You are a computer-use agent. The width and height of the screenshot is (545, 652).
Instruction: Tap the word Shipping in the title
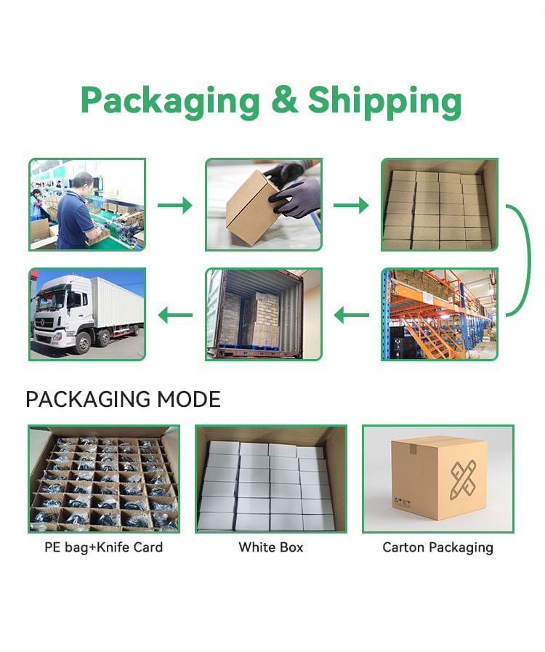point(384,102)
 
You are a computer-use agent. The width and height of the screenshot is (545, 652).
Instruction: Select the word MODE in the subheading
point(188,399)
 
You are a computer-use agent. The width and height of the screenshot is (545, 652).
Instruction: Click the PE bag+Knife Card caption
point(103,547)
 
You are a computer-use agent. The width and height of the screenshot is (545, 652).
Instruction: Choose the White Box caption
point(271,547)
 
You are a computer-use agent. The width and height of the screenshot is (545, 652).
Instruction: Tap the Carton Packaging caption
point(437,547)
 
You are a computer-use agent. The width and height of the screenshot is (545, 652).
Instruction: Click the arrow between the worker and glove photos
point(174,205)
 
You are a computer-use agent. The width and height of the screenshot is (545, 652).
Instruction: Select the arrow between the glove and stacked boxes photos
point(351,205)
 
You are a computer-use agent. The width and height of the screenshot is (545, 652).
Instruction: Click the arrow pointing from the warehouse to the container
point(351,315)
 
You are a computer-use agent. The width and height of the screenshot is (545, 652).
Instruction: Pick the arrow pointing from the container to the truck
point(175,315)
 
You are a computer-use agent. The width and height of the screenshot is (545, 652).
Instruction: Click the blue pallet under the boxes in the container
point(247,347)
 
